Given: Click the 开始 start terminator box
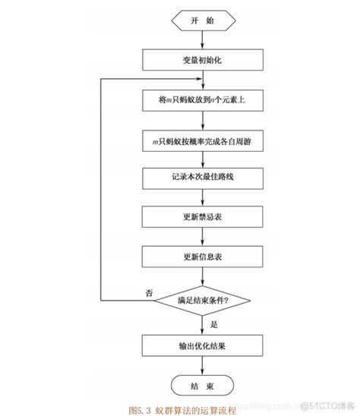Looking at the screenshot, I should pyautogui.click(x=200, y=20).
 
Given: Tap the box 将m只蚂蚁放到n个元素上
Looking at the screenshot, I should pyautogui.click(x=200, y=99).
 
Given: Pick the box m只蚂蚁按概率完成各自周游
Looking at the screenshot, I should pyautogui.click(x=200, y=140).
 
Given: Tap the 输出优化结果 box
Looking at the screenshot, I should pyautogui.click(x=200, y=345).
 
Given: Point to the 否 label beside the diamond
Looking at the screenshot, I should pyautogui.click(x=149, y=294).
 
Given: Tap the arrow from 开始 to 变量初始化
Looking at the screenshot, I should pyautogui.click(x=200, y=39).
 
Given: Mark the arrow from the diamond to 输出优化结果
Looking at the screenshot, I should pyautogui.click(x=200, y=323).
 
